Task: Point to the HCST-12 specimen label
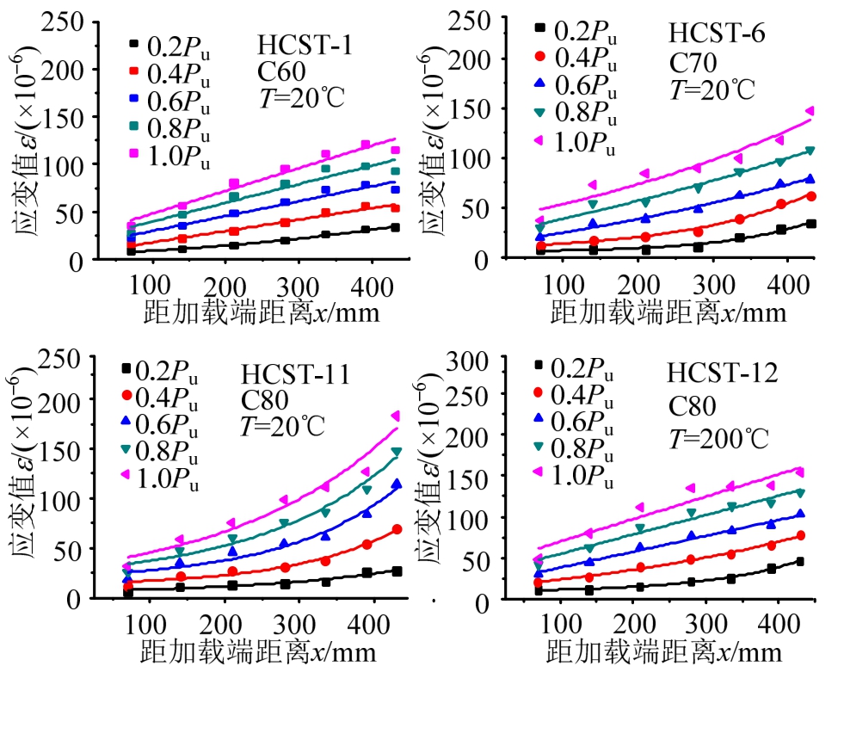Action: click(722, 373)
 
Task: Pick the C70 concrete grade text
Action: click(693, 62)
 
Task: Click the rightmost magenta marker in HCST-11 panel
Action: click(396, 416)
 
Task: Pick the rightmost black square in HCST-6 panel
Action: click(810, 224)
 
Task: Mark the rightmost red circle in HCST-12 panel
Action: click(800, 535)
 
